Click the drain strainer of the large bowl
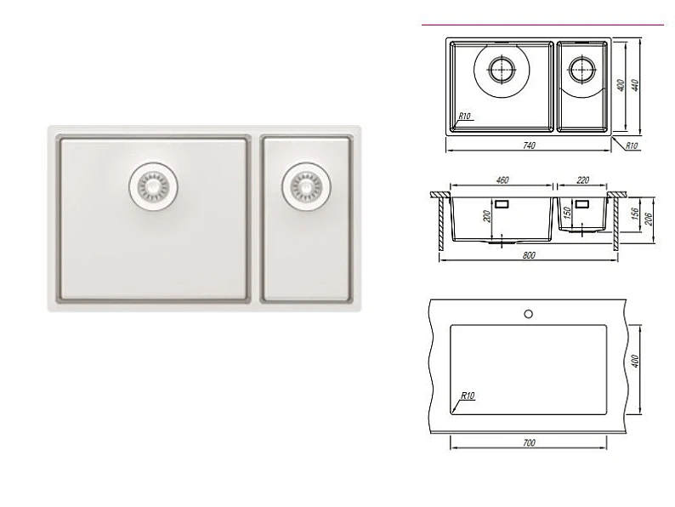153,186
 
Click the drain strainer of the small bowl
307,187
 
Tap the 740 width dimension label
529,145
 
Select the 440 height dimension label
634,85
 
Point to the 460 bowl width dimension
502,180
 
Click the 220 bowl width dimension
582,180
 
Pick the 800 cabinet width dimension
529,255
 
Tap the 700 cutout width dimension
529,443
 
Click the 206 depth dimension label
649,219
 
